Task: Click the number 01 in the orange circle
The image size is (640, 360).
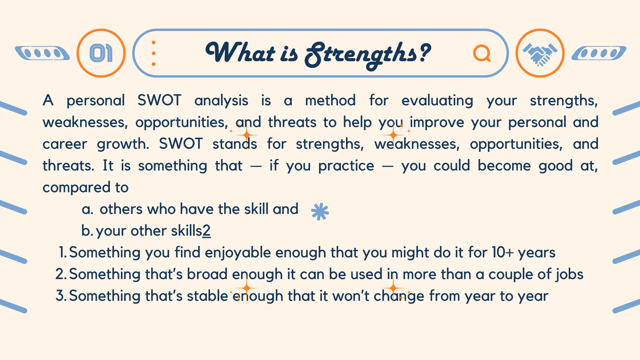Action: tap(101, 53)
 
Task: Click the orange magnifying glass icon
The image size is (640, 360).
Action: tap(482, 53)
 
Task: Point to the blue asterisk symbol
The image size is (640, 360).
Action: tap(320, 212)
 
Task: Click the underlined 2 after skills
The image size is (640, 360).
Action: tap(207, 231)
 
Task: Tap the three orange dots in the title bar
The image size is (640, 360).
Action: tap(153, 53)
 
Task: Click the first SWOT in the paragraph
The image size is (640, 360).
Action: tap(159, 101)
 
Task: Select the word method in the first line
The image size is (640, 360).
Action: tap(330, 101)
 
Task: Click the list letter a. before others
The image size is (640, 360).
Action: tap(87, 209)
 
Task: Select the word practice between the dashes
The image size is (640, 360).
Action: tap(346, 166)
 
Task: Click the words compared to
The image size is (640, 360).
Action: tap(86, 187)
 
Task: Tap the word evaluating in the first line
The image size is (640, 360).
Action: tap(437, 101)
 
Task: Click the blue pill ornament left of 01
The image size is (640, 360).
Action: tap(42, 53)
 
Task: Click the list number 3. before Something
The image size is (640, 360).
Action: tap(61, 296)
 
